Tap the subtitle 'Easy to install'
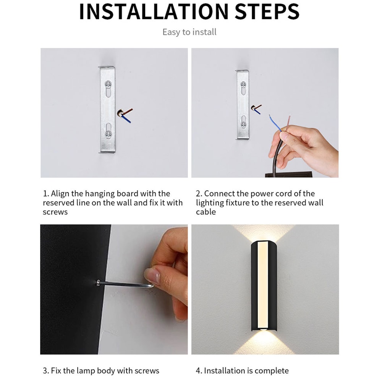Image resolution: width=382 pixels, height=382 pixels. (189, 32)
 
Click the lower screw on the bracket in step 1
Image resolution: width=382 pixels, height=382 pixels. (108, 134)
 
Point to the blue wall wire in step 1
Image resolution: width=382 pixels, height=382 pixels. (127, 119)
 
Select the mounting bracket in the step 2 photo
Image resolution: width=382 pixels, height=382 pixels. (243, 104)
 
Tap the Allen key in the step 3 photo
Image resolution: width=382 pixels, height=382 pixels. (122, 283)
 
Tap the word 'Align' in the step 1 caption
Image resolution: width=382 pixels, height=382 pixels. (60, 194)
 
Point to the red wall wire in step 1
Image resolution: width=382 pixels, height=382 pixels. (128, 111)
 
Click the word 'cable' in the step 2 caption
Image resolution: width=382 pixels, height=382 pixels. (206, 212)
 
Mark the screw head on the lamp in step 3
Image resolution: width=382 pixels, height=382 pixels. (98, 282)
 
